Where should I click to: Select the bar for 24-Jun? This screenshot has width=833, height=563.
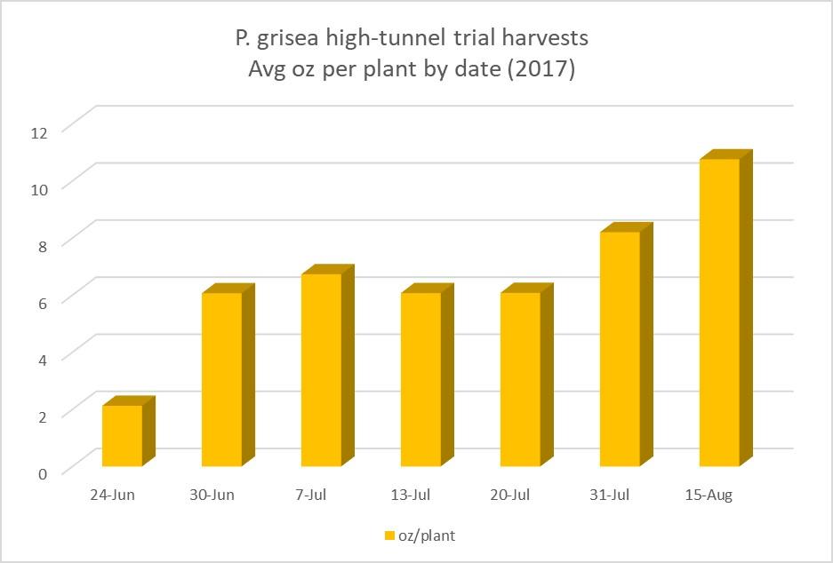[x=122, y=435]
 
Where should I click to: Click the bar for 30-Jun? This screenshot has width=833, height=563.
[x=221, y=379]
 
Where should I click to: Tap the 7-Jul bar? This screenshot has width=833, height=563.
[x=321, y=369]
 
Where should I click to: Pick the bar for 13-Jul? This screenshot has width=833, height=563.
[x=421, y=379]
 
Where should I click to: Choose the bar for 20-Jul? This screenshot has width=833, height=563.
[x=520, y=379]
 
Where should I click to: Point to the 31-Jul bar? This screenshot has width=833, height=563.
[x=620, y=348]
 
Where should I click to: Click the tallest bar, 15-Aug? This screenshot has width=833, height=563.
[x=719, y=312]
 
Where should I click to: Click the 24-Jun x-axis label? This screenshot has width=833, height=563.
[x=112, y=495]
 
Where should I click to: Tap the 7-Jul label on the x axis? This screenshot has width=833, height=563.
[x=312, y=495]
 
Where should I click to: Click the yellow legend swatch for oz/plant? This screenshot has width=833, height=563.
[x=388, y=535]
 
